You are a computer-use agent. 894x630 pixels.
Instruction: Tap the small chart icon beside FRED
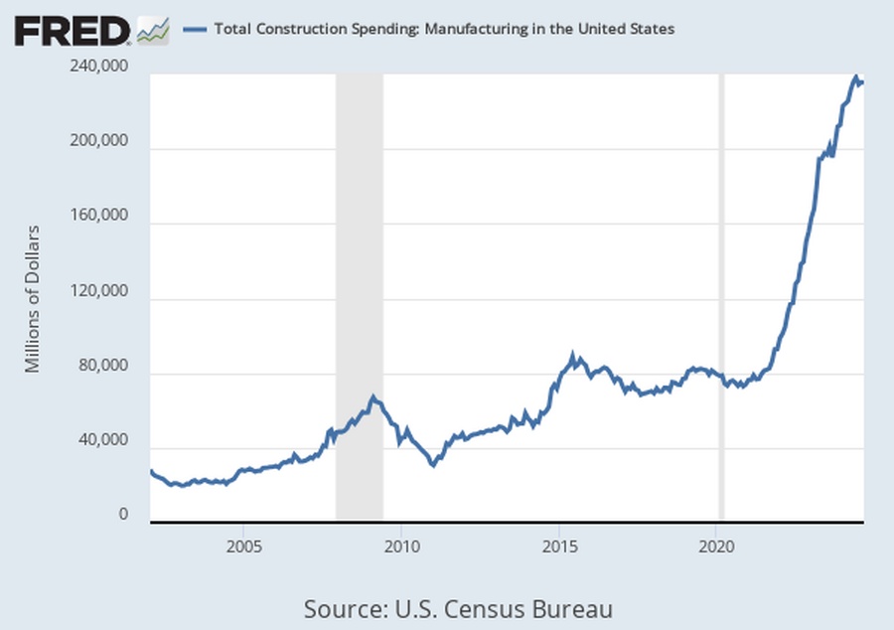[153, 32]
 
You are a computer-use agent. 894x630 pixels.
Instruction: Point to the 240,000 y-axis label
[100, 67]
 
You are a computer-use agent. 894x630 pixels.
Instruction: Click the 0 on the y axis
[125, 515]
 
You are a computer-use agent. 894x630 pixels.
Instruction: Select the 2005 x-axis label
[243, 546]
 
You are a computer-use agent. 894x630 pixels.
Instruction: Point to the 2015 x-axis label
[559, 546]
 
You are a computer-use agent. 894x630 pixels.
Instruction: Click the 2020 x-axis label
[717, 546]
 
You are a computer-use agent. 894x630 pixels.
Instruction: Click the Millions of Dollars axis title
[32, 298]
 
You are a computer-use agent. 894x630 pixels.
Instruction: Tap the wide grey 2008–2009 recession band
[359, 298]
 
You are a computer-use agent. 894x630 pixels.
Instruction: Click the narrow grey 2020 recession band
[722, 298]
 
